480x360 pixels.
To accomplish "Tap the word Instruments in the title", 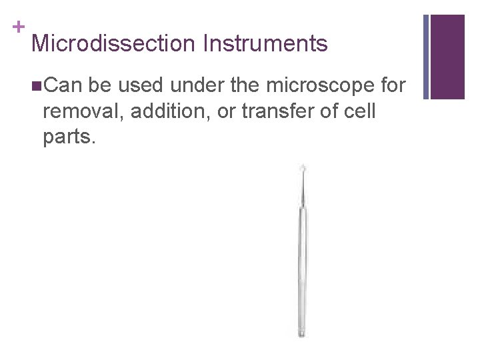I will point(266,44).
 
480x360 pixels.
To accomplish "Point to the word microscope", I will point(313,85).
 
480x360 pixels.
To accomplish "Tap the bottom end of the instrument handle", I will point(301,333).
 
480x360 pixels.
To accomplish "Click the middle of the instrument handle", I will point(301,267).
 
